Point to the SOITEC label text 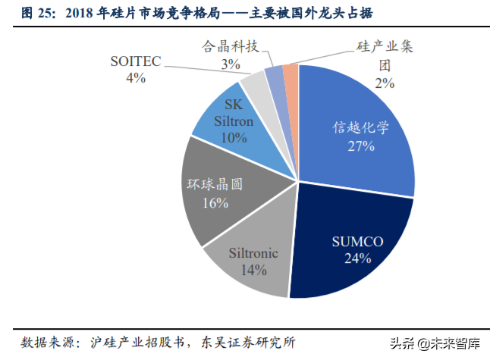[x=136, y=61]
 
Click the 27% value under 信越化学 [x=360, y=146]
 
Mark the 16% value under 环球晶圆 [x=215, y=202]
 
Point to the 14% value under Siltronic [x=253, y=269]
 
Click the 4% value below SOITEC [x=136, y=77]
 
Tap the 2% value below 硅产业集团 [x=385, y=83]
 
